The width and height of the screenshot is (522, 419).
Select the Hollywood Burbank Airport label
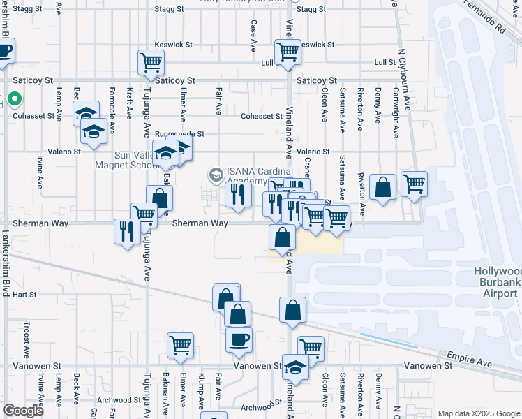497,282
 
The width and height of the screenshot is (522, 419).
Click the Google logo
24,411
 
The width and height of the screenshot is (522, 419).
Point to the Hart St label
24,295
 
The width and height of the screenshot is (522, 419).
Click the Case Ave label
252,34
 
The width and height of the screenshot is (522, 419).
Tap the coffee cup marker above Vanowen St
239,340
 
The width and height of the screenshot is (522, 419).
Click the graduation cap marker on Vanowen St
295,368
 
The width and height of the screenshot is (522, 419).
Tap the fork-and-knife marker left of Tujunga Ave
126,231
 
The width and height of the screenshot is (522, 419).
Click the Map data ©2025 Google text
479,413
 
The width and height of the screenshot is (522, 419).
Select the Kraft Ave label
129,101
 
